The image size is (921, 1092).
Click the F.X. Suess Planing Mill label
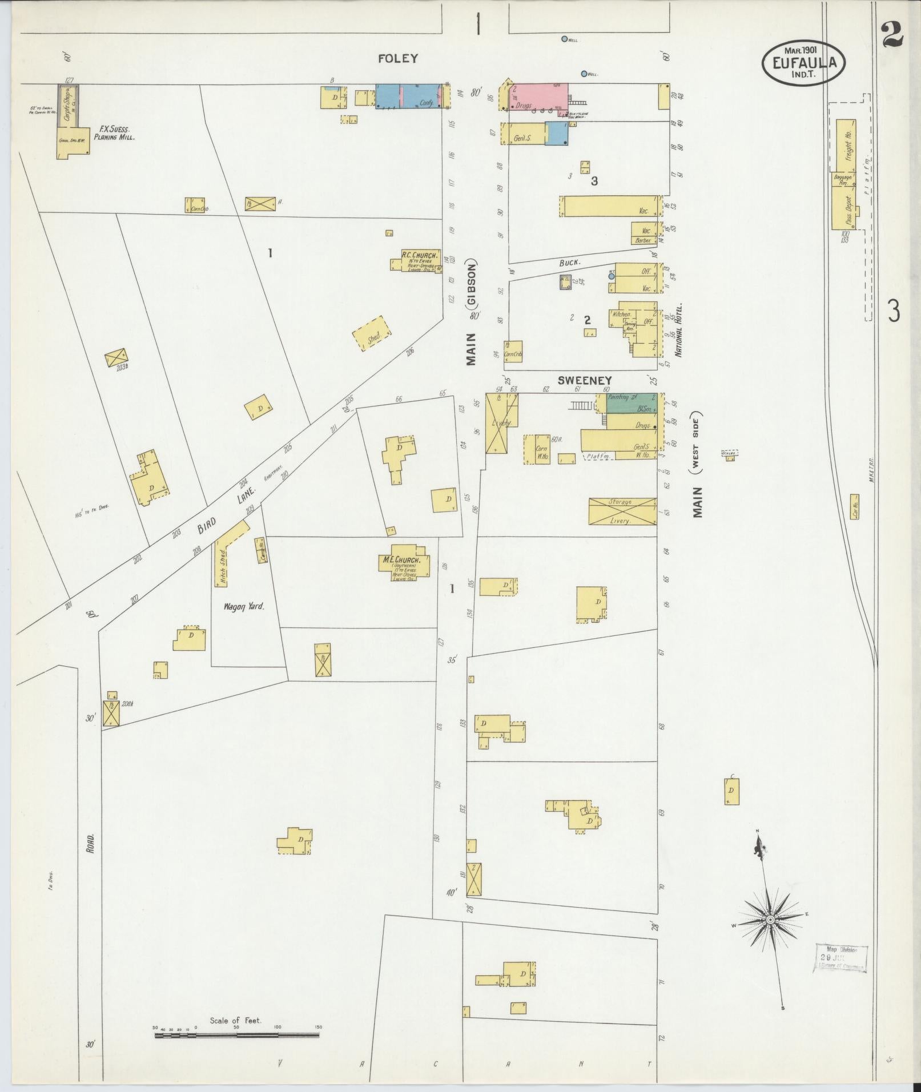[x=115, y=134]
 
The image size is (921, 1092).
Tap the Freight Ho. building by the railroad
[x=847, y=146]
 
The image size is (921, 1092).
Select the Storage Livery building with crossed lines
[x=622, y=511]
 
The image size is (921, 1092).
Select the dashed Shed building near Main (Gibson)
[x=372, y=334]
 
